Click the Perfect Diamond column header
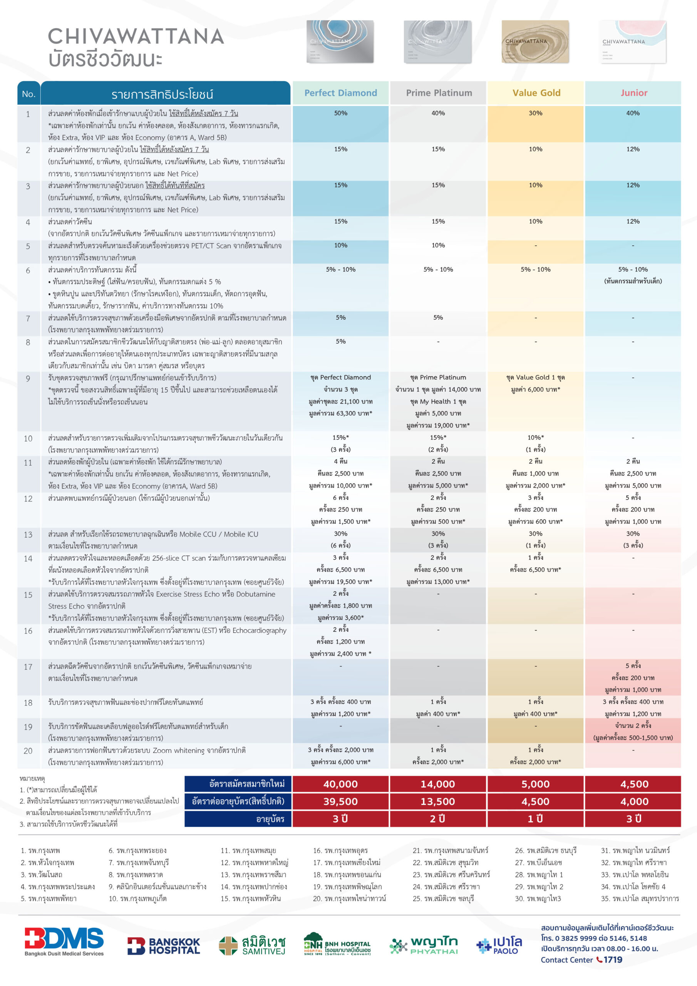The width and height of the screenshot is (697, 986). (x=340, y=93)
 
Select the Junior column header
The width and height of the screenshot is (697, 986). (x=633, y=93)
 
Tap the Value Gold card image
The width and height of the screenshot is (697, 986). (x=535, y=42)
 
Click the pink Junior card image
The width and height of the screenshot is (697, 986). (x=633, y=42)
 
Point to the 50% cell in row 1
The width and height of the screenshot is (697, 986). (x=340, y=113)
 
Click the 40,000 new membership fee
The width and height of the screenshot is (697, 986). (x=340, y=784)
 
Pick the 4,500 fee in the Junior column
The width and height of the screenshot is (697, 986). (x=634, y=784)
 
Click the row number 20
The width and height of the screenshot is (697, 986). (x=28, y=751)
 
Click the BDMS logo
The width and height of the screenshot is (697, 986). (x=64, y=941)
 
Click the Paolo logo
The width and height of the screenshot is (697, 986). (x=499, y=945)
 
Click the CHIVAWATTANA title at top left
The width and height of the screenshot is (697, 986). (x=136, y=37)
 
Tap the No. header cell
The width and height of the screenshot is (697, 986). (x=29, y=94)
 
